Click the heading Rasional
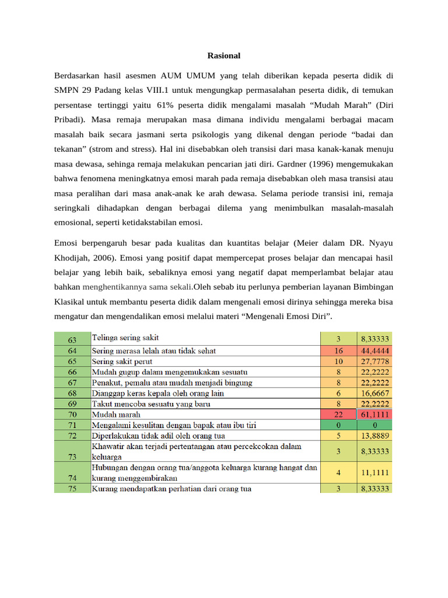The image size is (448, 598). pos(224,55)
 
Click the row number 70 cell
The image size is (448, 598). pos(72,414)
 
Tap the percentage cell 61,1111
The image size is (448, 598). pos(374,414)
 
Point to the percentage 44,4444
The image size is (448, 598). pos(374,350)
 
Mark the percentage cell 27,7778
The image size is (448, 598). pos(374,361)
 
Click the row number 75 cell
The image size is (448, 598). pos(72,489)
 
